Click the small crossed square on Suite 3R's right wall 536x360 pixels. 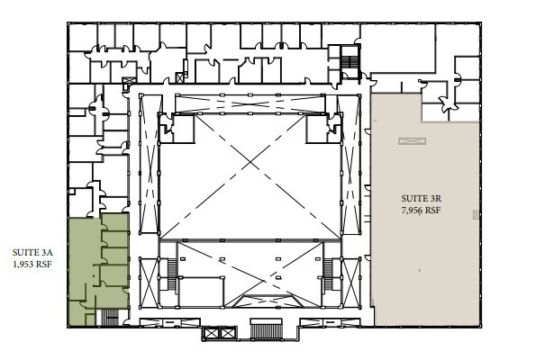475,214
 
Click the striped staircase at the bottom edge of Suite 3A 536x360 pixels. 111,316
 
